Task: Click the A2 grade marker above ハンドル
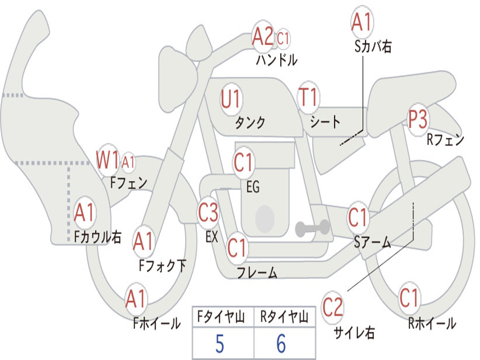[262, 36]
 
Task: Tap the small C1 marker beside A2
[283, 38]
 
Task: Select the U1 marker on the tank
[231, 99]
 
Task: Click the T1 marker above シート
[308, 97]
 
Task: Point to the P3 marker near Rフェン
[418, 119]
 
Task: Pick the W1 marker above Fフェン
[107, 159]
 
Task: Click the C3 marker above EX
[208, 212]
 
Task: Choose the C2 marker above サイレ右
[332, 307]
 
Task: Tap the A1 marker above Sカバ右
[362, 22]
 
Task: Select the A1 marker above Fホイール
[136, 299]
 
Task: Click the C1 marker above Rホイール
[409, 298]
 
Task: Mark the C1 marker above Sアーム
[357, 217]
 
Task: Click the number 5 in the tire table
[220, 344]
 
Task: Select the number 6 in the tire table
[281, 344]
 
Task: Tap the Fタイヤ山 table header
[221, 316]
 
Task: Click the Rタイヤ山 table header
[284, 316]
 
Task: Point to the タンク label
[250, 123]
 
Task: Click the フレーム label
[257, 272]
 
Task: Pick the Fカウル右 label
[97, 237]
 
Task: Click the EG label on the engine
[253, 187]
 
